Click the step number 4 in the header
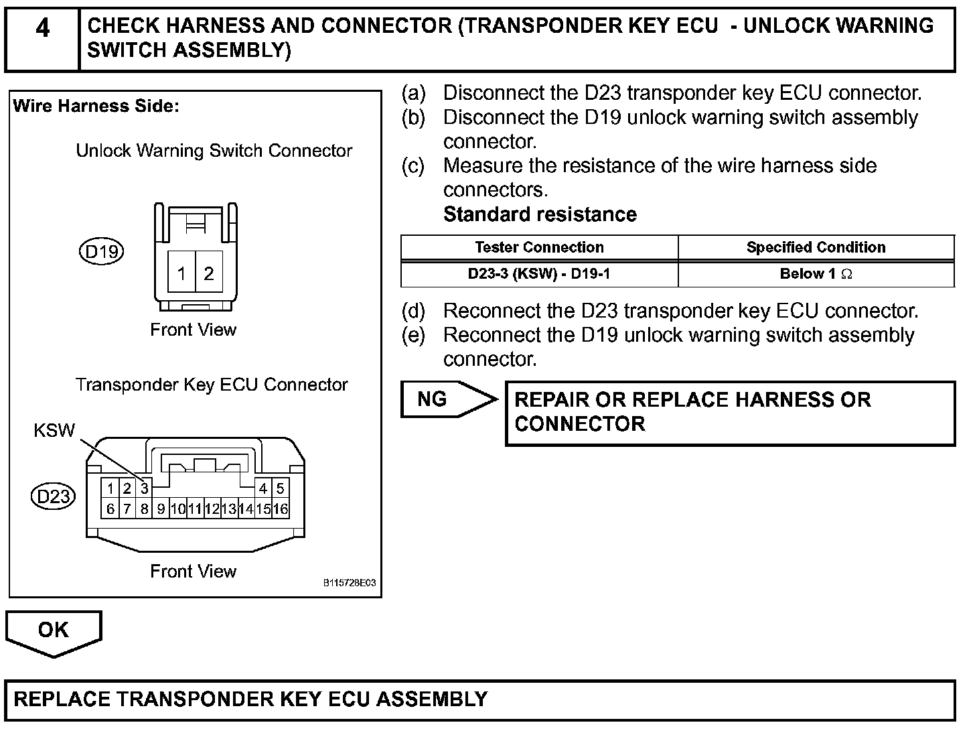click(42, 29)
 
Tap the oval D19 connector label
click(102, 252)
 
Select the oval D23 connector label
click(54, 496)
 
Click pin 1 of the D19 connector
click(181, 273)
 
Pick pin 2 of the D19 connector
click(209, 273)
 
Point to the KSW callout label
click(54, 430)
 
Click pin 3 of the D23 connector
click(144, 488)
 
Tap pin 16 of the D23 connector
click(281, 509)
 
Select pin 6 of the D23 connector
click(110, 509)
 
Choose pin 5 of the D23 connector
click(280, 488)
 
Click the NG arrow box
click(442, 399)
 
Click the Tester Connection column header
click(539, 247)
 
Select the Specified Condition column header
click(816, 247)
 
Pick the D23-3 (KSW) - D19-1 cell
click(539, 273)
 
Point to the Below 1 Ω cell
click(816, 273)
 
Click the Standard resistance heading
click(540, 214)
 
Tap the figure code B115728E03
click(350, 583)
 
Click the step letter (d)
click(413, 311)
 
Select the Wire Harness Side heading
click(96, 106)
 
